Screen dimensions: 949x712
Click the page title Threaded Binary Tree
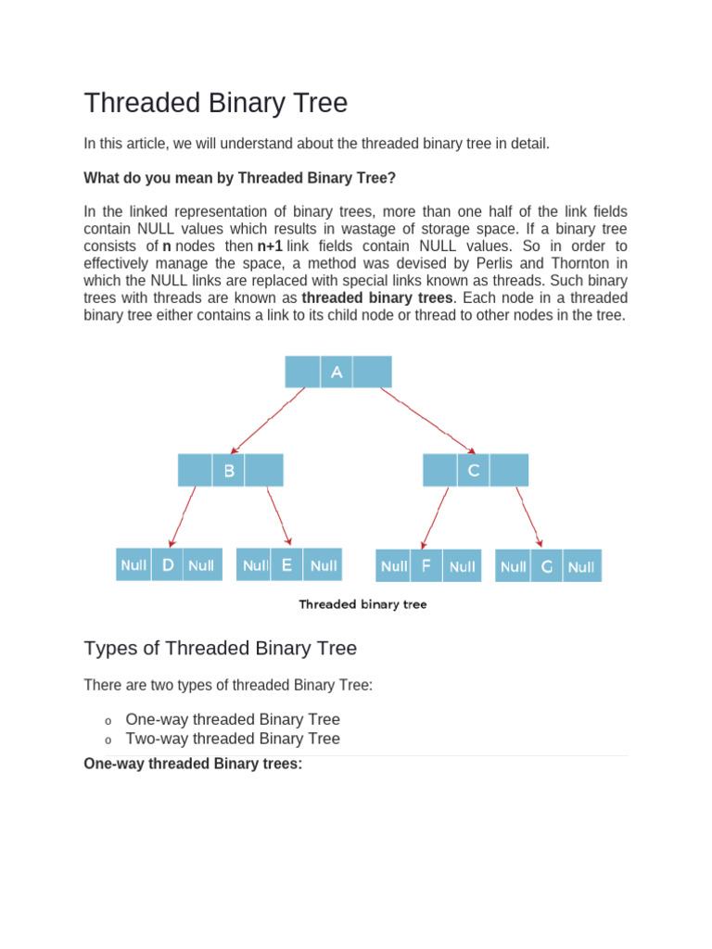click(x=215, y=103)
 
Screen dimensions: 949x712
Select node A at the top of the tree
click(x=337, y=372)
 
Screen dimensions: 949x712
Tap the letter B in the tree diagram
click(x=229, y=470)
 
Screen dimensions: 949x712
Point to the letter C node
click(x=473, y=470)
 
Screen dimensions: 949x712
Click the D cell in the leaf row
click(x=168, y=564)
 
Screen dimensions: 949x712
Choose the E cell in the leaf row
click(x=287, y=564)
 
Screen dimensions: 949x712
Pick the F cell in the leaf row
click(x=426, y=565)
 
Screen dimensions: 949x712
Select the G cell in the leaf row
click(x=547, y=566)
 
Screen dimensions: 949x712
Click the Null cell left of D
click(x=133, y=564)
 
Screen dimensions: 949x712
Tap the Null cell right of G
click(x=582, y=566)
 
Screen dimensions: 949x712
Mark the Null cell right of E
click(x=324, y=564)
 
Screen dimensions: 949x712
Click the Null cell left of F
click(x=394, y=565)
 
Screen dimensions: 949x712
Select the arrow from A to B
click(x=268, y=420)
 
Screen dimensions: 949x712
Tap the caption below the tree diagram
click(x=362, y=604)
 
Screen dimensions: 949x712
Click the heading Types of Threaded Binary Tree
click(x=220, y=648)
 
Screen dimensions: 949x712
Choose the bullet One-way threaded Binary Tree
click(x=233, y=719)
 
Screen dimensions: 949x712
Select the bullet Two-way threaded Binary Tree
click(x=233, y=739)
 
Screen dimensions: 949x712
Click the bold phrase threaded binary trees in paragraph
click(x=377, y=297)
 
